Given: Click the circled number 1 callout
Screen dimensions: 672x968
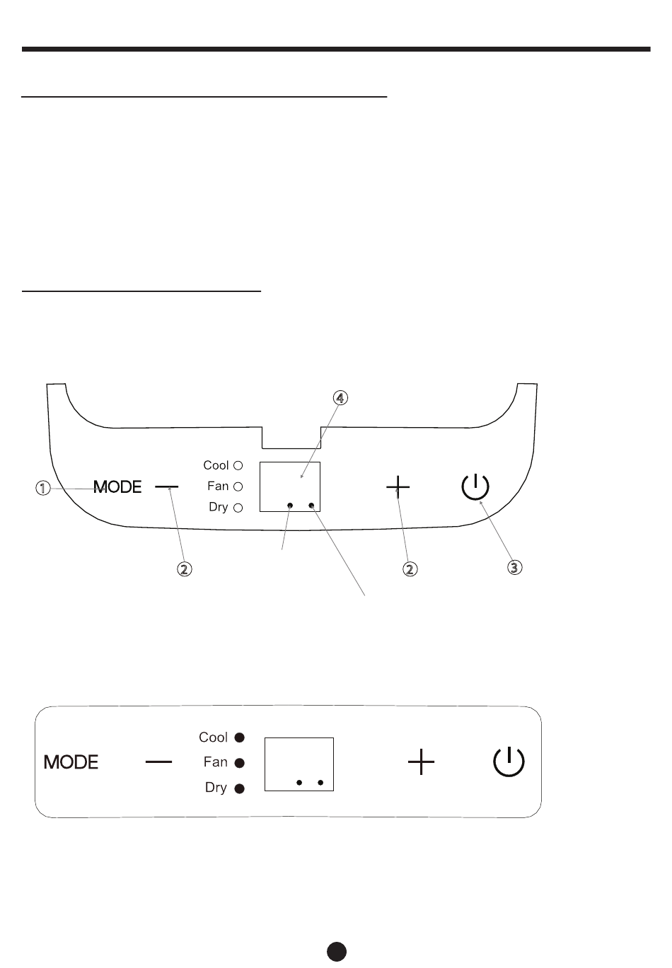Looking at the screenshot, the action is [43, 488].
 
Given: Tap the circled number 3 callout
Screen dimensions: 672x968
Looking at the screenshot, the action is [515, 566].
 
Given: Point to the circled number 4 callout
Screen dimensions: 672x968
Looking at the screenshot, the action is [340, 397].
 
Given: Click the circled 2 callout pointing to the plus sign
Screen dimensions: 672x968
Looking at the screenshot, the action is [410, 568].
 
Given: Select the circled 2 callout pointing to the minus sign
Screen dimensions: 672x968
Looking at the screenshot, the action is [184, 568].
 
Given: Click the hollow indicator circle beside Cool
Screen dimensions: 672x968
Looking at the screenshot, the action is [238, 465].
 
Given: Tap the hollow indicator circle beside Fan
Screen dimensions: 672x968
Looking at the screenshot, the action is [238, 486].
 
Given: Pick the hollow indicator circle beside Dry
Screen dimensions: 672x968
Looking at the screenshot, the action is [238, 507].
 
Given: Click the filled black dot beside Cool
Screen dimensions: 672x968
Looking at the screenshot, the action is [240, 737].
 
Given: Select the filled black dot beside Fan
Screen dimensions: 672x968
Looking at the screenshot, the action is [240, 763].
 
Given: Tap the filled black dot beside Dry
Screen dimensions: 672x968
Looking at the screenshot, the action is [240, 788].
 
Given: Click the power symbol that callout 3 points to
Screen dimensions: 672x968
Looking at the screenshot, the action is [475, 487].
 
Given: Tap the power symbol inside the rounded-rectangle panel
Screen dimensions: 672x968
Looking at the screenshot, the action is [509, 763].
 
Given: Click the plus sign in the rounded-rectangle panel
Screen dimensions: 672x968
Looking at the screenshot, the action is [422, 762].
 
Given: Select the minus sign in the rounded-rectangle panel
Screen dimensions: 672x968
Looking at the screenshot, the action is [159, 762].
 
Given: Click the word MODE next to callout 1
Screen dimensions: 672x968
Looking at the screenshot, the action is [118, 486].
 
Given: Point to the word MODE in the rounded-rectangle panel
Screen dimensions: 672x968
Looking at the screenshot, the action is [71, 762].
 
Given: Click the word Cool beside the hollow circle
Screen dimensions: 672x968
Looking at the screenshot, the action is [216, 465].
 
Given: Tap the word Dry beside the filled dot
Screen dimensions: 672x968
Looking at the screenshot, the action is [216, 788].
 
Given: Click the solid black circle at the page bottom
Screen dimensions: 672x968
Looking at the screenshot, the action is [337, 951].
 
